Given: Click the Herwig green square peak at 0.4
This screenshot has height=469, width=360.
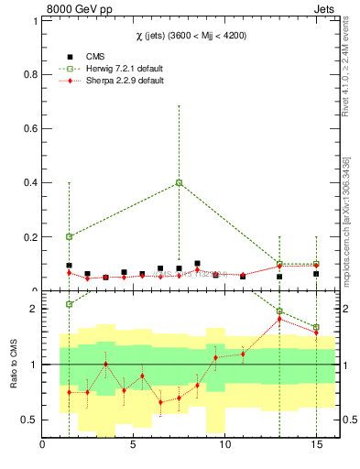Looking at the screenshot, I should (x=179, y=182).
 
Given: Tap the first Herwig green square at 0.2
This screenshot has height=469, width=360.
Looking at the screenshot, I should (x=69, y=236).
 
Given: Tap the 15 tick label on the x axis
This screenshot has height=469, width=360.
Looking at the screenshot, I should (x=315, y=446).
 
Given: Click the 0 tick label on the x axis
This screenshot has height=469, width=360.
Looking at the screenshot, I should (x=43, y=446).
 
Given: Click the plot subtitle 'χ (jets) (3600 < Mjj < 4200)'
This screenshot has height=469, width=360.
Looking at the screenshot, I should (x=190, y=35).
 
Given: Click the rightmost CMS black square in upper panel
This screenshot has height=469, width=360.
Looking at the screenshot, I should (x=316, y=274).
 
